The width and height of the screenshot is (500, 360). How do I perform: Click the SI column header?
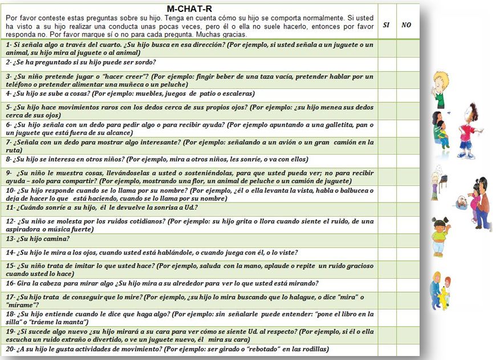[387, 25]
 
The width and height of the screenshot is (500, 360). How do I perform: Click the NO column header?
[406, 25]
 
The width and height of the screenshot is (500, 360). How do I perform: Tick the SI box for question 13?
[387, 240]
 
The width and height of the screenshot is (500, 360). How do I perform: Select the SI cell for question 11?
[387, 209]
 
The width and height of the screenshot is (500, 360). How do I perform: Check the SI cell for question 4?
[387, 94]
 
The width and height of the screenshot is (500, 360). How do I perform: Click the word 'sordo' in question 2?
[145, 62]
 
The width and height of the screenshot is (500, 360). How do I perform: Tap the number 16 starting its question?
[10, 284]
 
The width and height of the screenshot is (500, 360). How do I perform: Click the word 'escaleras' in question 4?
[235, 94]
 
